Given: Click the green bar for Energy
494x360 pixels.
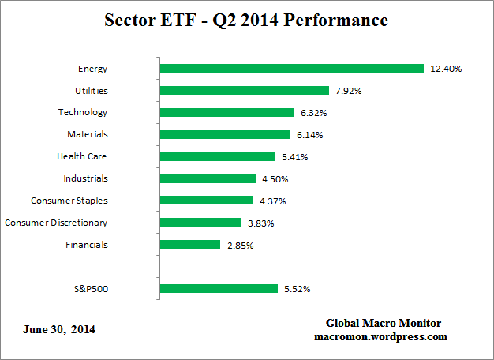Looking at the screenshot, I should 292,69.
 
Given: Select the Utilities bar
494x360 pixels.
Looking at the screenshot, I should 244,91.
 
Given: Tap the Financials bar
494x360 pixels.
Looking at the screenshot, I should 190,245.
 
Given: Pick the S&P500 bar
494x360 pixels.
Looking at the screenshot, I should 219,289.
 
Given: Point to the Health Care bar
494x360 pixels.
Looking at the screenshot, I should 217,157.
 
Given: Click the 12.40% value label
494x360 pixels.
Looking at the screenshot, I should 446,69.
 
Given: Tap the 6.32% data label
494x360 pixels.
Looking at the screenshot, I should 313,114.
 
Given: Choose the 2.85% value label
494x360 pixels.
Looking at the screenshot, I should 240,246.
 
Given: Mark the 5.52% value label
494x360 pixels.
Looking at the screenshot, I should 297,290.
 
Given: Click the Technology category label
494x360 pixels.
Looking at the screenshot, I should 83,113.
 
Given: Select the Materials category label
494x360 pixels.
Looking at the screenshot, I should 88,134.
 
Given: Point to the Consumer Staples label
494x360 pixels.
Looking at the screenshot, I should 69,201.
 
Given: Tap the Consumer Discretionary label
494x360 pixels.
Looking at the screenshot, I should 56,223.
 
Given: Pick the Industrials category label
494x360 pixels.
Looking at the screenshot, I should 86,178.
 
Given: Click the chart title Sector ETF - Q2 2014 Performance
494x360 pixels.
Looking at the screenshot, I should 246,21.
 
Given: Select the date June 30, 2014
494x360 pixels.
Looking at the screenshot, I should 54,328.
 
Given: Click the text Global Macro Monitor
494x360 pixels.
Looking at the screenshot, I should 384,323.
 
